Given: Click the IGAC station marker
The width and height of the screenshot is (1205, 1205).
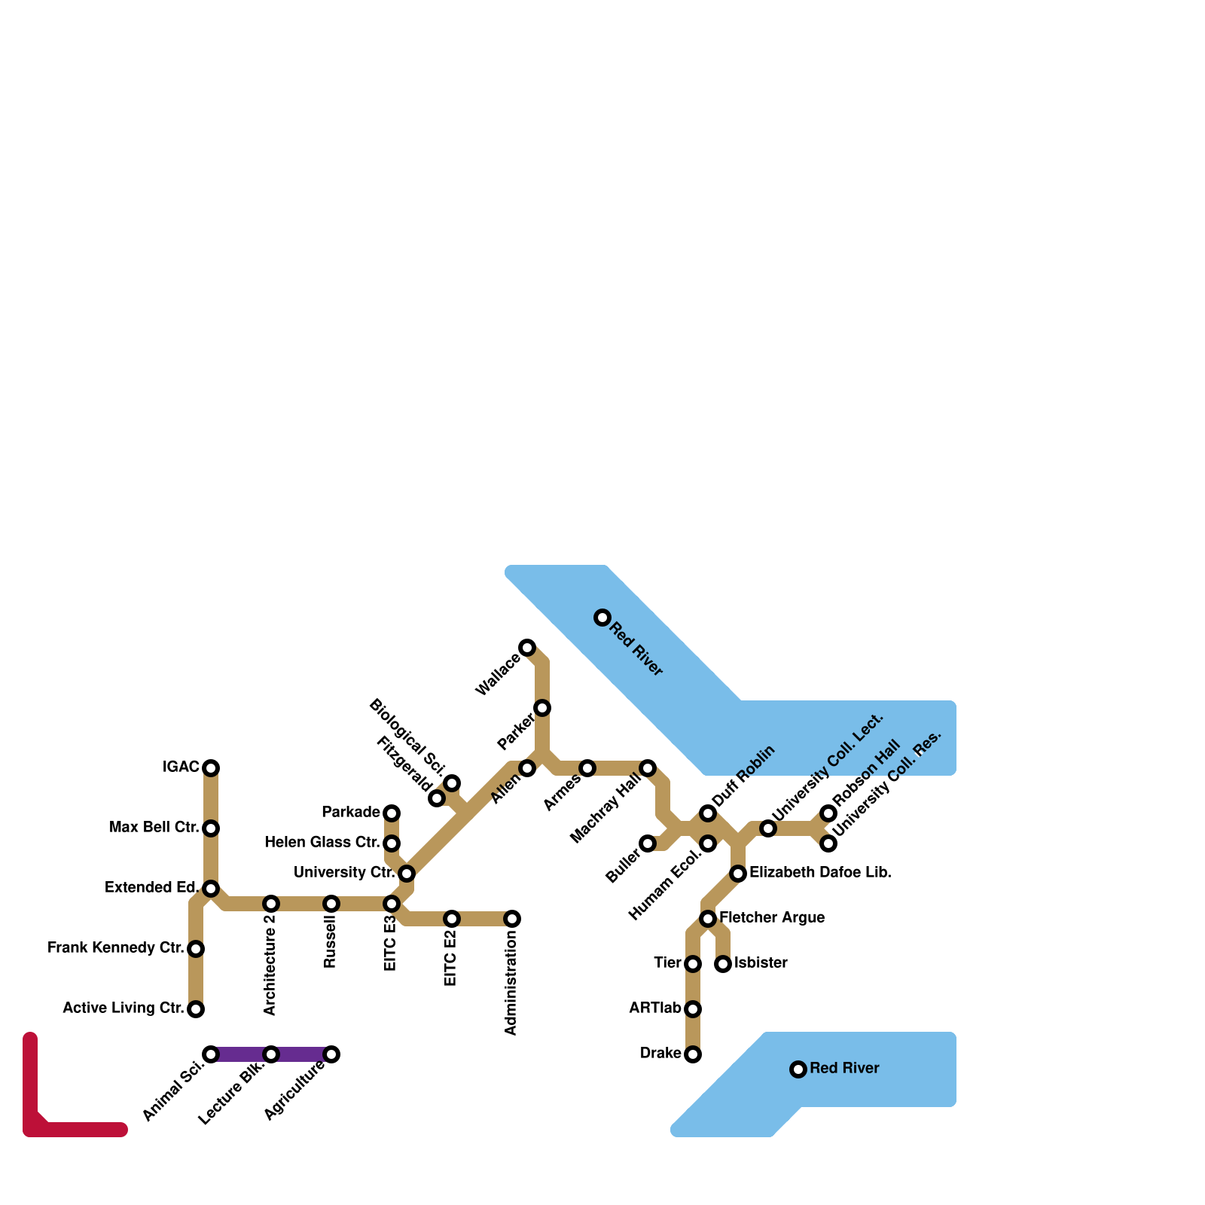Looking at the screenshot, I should click(x=211, y=767).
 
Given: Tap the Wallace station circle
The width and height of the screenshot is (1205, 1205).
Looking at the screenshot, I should click(x=527, y=647).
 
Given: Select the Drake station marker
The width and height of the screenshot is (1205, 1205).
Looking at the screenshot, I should click(x=693, y=1054).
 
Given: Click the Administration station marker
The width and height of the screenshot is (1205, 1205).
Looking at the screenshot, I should click(x=512, y=918).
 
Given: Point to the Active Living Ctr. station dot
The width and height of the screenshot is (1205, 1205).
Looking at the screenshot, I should click(x=196, y=1008).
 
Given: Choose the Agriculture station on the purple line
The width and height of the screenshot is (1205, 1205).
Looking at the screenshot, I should click(x=331, y=1054).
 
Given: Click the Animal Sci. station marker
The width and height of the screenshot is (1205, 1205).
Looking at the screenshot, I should click(x=211, y=1054).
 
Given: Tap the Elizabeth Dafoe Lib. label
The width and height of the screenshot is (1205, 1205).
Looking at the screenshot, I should click(x=820, y=873).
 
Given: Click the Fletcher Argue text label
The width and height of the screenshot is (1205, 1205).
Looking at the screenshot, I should click(x=771, y=917).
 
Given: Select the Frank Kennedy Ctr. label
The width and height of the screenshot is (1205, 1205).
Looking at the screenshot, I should click(x=115, y=947).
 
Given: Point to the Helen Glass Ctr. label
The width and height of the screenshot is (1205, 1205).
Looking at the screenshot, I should click(x=322, y=842).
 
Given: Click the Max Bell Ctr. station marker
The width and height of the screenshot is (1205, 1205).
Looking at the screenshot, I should click(x=211, y=828).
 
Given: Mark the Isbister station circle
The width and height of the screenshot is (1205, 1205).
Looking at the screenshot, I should click(x=723, y=963).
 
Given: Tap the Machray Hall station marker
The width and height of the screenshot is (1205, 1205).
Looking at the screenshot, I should click(x=648, y=767).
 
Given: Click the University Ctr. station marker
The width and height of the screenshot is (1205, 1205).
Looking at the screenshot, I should click(x=407, y=873).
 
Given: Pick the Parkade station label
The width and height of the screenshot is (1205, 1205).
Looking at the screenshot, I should click(x=350, y=812).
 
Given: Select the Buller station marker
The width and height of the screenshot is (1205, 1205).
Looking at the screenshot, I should click(x=648, y=843).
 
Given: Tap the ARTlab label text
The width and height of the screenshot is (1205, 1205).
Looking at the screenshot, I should click(x=654, y=1008).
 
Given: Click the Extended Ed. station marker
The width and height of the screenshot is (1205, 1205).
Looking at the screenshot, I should click(x=211, y=888).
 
